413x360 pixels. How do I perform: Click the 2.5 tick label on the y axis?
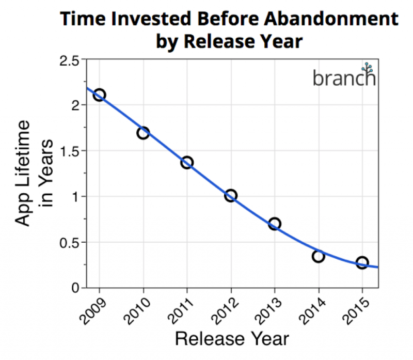coord(69,61)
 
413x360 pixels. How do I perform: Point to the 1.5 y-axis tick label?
coord(70,152)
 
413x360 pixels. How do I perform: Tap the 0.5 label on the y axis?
coord(69,243)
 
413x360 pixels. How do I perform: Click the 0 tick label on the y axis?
coord(75,288)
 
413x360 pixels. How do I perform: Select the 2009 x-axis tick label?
coord(94,311)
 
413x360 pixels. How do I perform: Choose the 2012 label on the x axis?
coord(226,311)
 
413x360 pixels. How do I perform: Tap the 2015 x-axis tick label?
coord(356,311)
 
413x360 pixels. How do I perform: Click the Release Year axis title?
coord(232,339)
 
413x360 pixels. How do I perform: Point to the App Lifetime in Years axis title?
coord(34,173)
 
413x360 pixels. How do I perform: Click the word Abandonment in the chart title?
coord(331,19)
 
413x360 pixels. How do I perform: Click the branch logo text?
coord(344,79)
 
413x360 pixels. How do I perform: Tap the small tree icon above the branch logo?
coord(367,68)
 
